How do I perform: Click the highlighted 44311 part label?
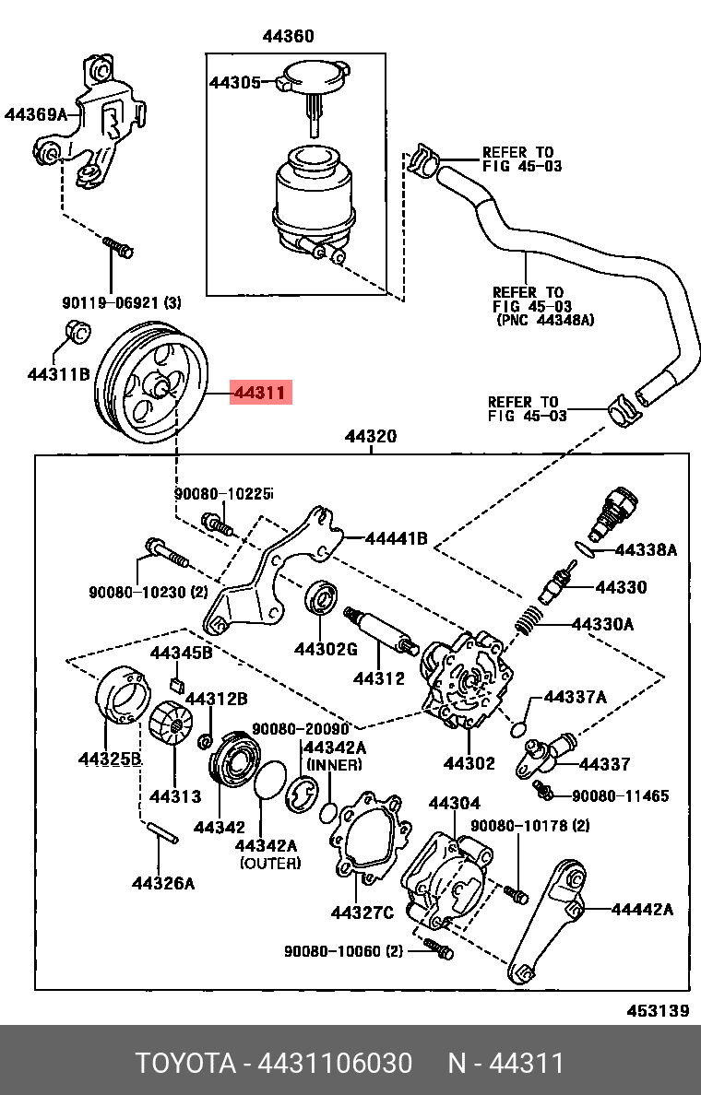(260, 394)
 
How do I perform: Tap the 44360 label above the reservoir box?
(288, 37)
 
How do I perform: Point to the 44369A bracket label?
(36, 115)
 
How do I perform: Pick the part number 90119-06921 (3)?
(122, 301)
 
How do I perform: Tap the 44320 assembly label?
(371, 436)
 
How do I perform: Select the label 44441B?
(396, 538)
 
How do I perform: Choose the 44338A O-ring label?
(646, 550)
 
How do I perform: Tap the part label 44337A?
(575, 697)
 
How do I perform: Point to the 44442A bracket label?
(641, 910)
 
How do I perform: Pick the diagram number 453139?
(658, 1010)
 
